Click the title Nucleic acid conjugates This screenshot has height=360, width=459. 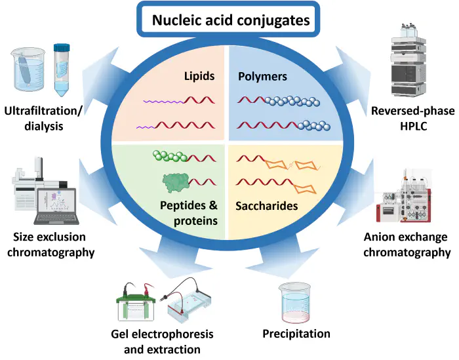(231, 20)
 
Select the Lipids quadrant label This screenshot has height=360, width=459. (199, 77)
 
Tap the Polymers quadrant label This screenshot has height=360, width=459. (262, 77)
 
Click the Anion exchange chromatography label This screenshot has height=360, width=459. (407, 245)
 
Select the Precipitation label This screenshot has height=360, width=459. (296, 334)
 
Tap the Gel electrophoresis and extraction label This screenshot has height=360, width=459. (162, 342)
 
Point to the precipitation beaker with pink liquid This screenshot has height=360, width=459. (297, 302)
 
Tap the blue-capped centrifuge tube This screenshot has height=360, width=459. (62, 69)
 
